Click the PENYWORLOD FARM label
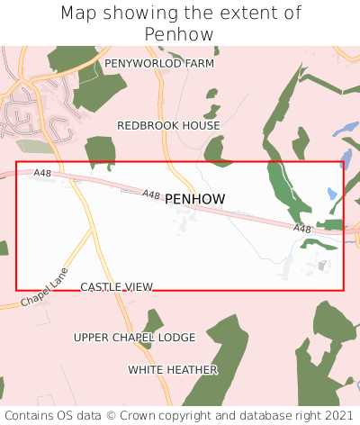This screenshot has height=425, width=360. (159, 64)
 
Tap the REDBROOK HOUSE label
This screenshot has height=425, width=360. (168, 126)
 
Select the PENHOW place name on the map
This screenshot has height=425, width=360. (195, 198)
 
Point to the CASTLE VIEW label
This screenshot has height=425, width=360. (117, 287)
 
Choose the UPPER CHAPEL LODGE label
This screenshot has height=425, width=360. (134, 338)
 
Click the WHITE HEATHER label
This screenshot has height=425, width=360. (173, 370)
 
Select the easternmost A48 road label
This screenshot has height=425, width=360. (302, 230)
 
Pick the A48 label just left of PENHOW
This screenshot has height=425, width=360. (151, 194)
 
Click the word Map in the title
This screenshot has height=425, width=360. (80, 14)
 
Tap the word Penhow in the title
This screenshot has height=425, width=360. (180, 35)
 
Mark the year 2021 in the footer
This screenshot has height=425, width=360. (337, 415)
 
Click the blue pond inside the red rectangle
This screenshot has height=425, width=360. (332, 193)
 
